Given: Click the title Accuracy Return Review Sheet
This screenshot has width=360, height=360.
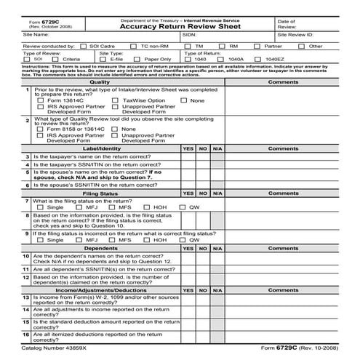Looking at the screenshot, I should click(x=180, y=21).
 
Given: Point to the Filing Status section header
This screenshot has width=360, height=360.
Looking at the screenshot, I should click(x=100, y=194).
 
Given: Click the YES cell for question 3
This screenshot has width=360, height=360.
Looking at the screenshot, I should click(x=188, y=156).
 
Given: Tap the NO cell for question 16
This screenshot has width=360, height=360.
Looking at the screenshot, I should click(x=203, y=336).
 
